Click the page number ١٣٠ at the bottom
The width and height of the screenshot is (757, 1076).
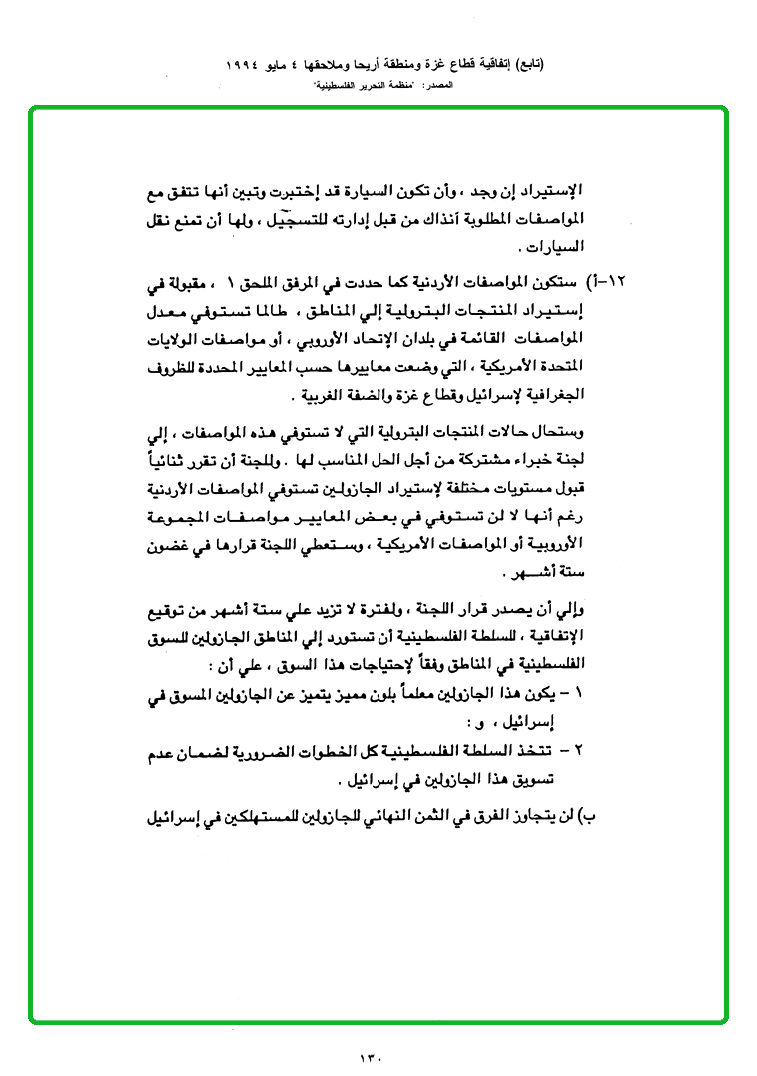[x=370, y=1054]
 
